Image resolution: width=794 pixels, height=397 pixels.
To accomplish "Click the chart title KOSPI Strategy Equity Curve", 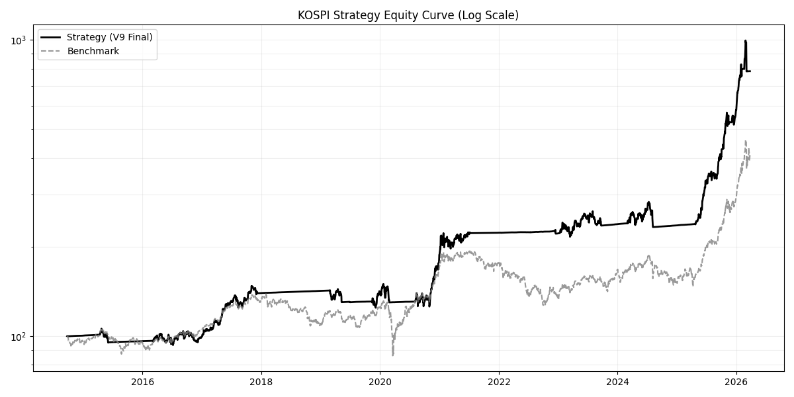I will point(408,15).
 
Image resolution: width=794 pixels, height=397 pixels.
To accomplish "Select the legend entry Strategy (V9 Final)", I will point(109,37).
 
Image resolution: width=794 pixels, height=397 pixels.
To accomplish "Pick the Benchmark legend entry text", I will point(93,51).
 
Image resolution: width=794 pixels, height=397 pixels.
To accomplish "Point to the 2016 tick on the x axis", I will point(142,381).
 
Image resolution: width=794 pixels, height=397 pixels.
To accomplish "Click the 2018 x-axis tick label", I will point(261,381).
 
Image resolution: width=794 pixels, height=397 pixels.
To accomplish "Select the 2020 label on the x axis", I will point(380,381).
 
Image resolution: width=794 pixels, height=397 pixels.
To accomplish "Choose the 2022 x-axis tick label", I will point(499,381).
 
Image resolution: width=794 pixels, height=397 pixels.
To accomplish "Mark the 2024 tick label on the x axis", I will point(617,381).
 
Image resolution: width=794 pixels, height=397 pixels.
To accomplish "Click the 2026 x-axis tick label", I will point(736,381).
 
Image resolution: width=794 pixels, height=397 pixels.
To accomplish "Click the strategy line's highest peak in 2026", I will point(746,41).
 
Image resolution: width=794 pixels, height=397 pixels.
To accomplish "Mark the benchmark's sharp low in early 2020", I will point(393,355).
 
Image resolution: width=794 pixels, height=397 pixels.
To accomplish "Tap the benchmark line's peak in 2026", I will point(746,141).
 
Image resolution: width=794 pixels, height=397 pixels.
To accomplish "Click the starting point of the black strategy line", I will point(67,336).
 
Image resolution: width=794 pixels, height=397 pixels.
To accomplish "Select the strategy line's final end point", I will point(750,71).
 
